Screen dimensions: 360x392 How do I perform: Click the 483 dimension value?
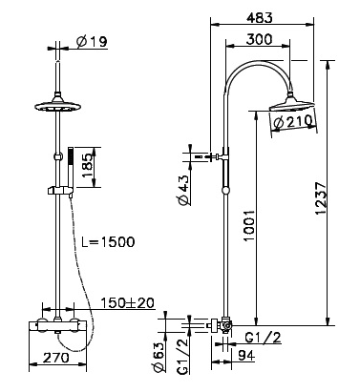(260, 18)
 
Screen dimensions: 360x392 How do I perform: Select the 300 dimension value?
(260, 39)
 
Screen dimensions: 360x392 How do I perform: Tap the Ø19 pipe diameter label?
(92, 42)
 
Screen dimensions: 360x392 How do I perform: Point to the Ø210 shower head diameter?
(293, 122)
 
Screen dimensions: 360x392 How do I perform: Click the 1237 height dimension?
(321, 198)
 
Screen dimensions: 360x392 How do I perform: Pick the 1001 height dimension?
(248, 225)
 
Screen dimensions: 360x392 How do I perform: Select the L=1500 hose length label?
(108, 242)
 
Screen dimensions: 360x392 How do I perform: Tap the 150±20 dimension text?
(128, 303)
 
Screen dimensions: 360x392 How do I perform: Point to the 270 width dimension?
(55, 358)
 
